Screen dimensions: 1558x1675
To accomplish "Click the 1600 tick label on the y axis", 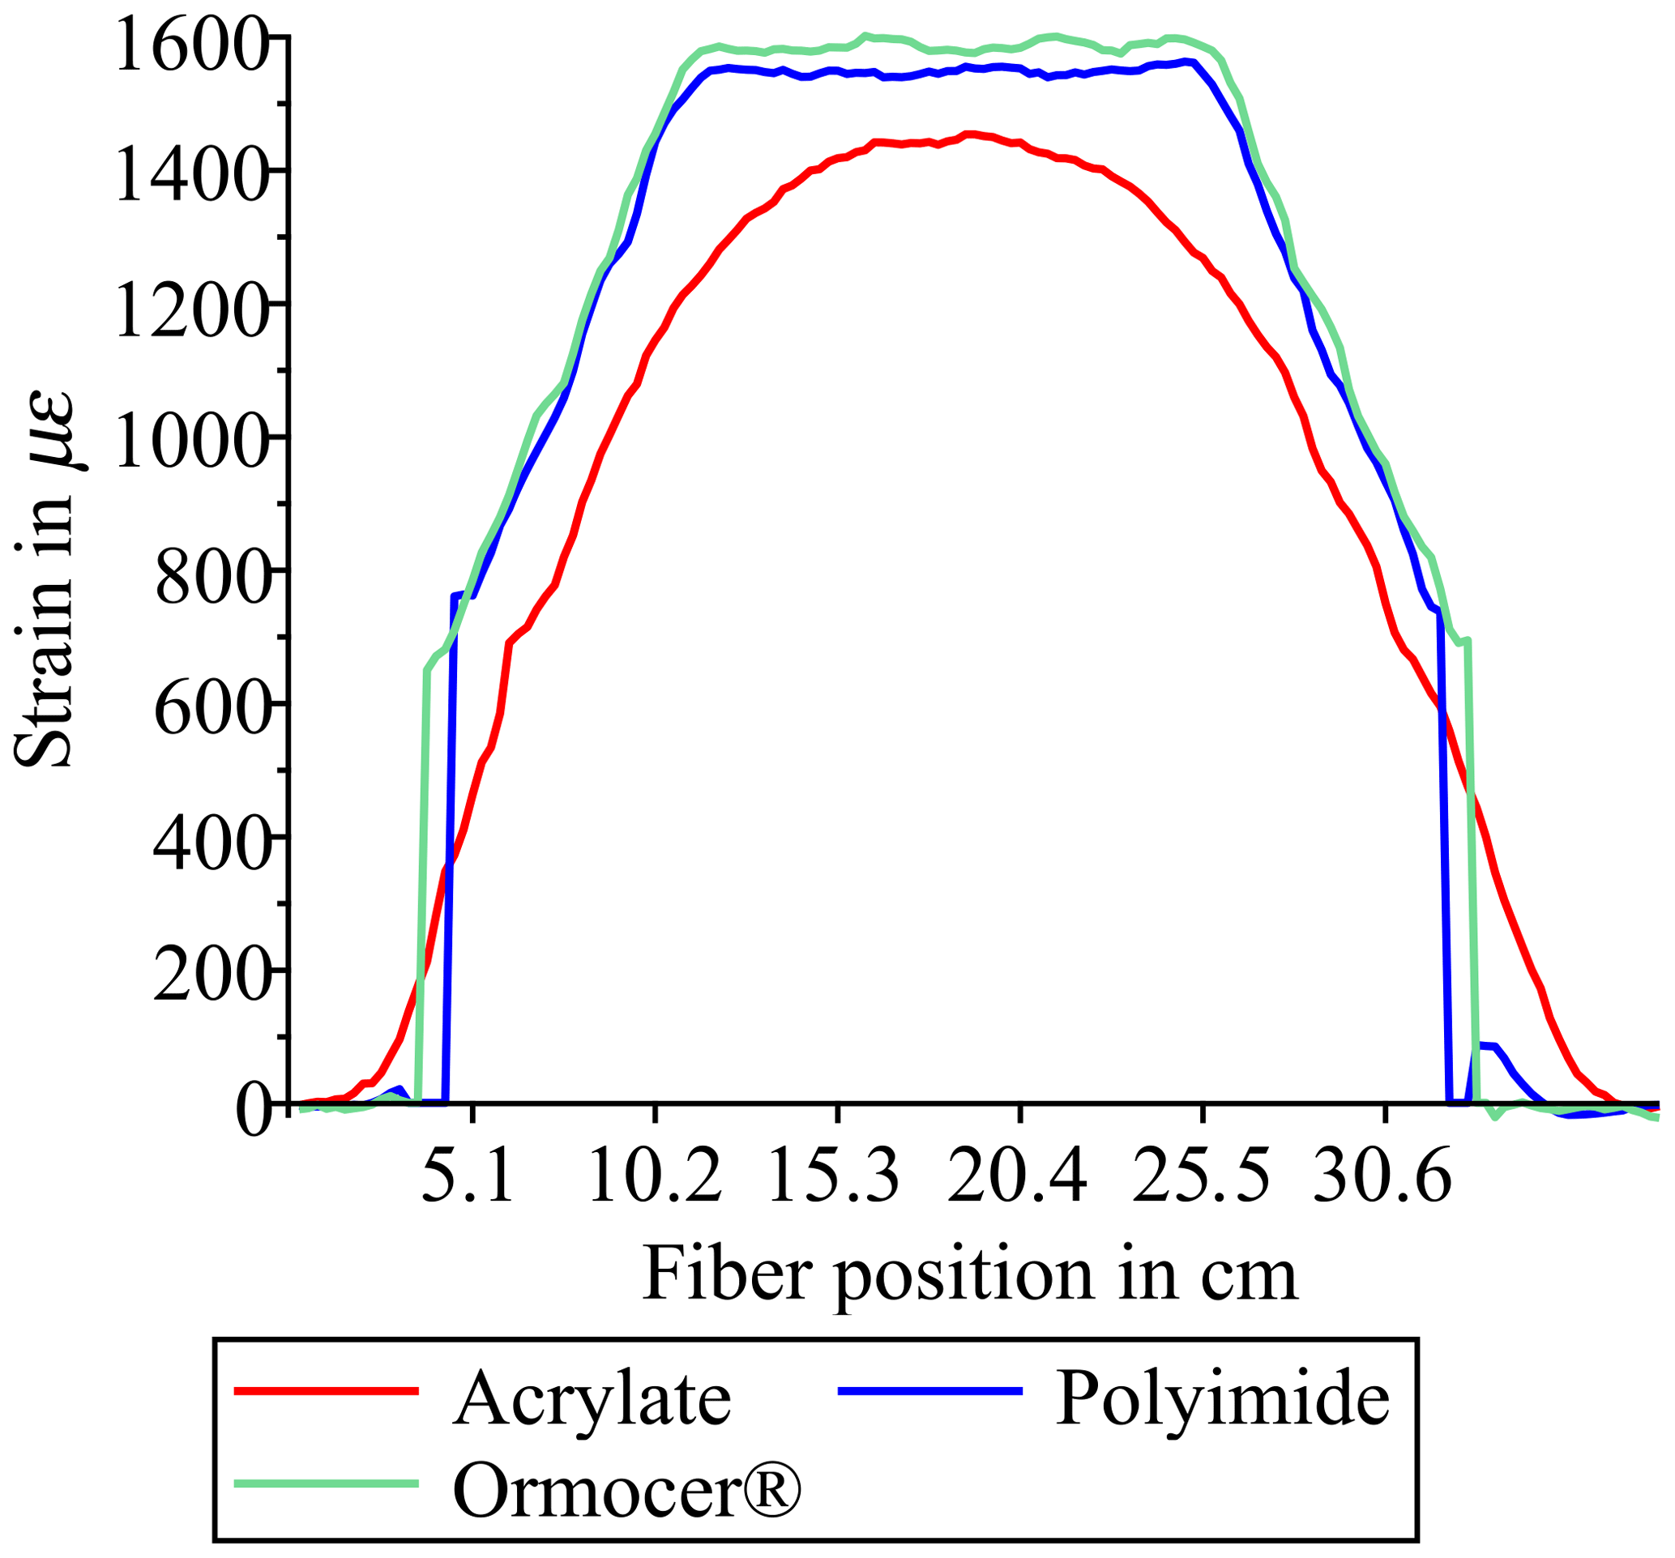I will (192, 47).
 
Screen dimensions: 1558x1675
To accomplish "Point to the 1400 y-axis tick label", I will (192, 179).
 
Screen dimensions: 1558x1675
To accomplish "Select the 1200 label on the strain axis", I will (192, 313).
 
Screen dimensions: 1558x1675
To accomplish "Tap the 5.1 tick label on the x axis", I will (468, 1177).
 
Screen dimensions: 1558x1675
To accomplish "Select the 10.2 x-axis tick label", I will (655, 1177).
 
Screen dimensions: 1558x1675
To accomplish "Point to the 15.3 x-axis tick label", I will (835, 1177).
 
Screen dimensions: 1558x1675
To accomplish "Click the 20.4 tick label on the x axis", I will (1018, 1177).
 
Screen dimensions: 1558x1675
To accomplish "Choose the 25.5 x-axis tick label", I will (1201, 1177).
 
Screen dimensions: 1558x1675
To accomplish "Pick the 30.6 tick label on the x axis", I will (1382, 1177).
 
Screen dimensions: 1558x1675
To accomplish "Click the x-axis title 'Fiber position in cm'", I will (970, 1274).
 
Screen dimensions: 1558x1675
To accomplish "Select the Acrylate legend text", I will (592, 1401).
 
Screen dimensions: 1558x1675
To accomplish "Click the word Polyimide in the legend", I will (1223, 1399).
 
